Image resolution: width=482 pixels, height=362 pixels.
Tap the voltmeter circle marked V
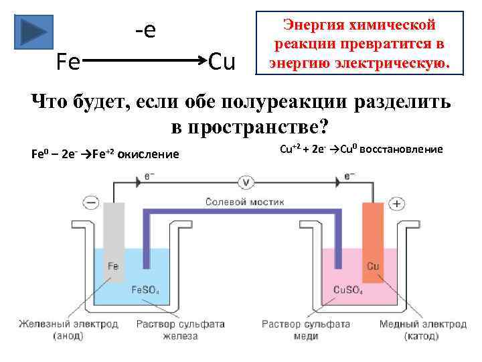click(245, 181)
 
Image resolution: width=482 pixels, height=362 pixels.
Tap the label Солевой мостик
click(244, 201)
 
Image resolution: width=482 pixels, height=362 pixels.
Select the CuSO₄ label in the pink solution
click(348, 290)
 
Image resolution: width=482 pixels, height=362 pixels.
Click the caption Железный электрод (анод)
click(68, 330)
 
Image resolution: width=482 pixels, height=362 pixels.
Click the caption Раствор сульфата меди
click(305, 330)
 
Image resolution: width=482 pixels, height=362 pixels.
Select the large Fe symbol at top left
click(68, 62)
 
